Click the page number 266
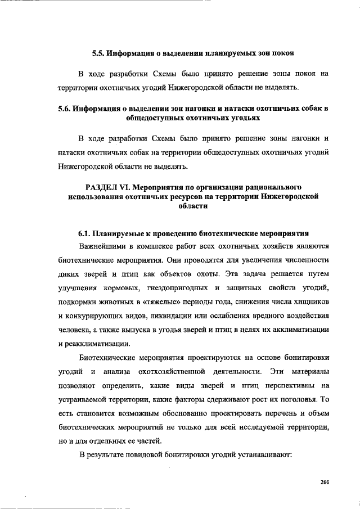(324, 481)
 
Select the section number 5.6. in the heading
(67, 108)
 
